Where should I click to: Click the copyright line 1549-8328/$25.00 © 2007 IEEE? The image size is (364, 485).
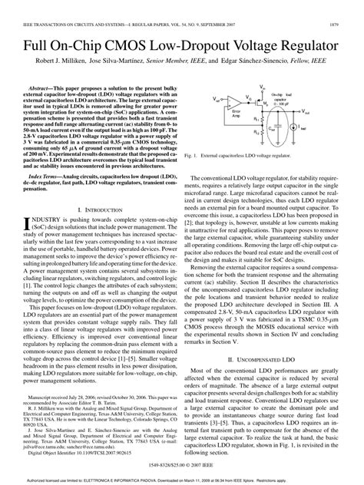[x=182, y=466]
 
